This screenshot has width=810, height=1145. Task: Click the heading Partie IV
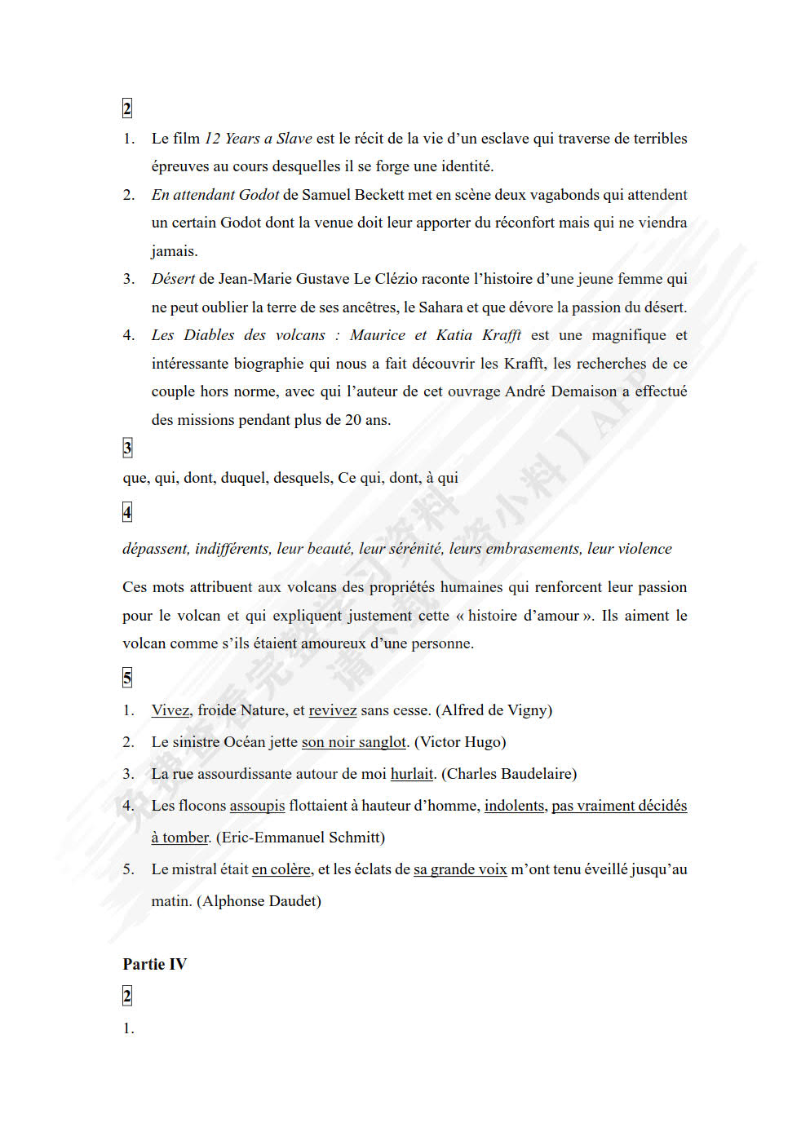tap(155, 964)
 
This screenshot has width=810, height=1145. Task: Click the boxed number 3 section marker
tap(127, 448)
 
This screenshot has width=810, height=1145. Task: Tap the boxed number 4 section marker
tap(127, 512)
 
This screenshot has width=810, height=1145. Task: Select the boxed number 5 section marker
tap(127, 678)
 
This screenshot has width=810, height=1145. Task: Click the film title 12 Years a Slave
tap(258, 139)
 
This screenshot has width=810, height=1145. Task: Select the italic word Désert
tap(173, 279)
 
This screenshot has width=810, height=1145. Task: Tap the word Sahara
tap(440, 307)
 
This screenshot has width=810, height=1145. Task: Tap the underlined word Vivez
tap(170, 710)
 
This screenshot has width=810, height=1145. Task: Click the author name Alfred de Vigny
tap(494, 710)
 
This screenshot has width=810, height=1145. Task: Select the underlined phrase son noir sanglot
tap(353, 742)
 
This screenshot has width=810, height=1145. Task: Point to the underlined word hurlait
tap(412, 774)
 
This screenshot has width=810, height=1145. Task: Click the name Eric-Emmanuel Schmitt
tap(300, 838)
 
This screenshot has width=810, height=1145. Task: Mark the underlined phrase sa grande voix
tap(460, 869)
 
